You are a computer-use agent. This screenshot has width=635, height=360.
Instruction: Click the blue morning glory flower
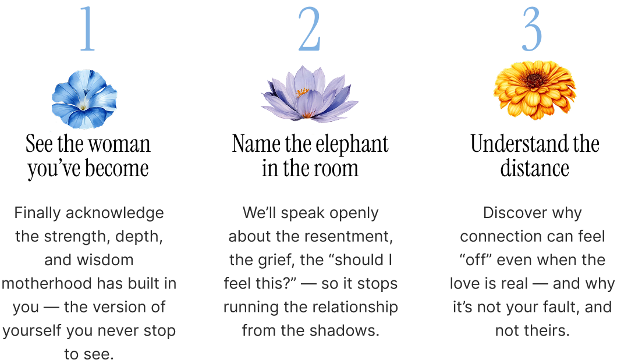click(x=84, y=99)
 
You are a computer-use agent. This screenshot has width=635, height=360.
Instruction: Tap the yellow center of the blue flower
click(x=85, y=105)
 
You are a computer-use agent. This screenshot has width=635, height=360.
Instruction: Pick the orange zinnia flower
click(x=534, y=89)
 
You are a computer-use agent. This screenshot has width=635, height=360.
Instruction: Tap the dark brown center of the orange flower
click(x=533, y=80)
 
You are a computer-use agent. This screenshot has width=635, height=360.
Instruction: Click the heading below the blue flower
click(x=102, y=143)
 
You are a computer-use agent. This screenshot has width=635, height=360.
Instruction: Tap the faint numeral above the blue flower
click(x=86, y=26)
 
